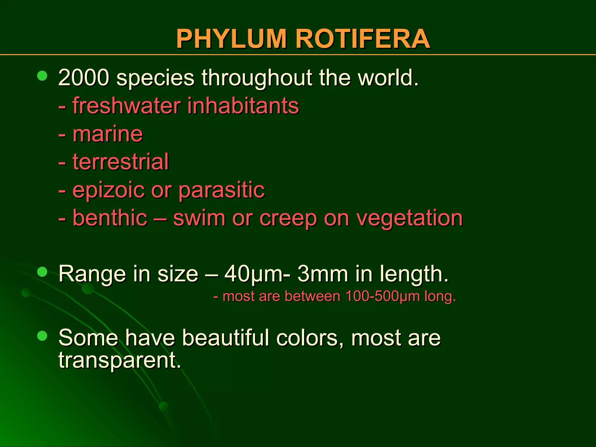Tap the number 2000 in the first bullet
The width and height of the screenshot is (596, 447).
coord(84,78)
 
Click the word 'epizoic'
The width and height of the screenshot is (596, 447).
coord(108,190)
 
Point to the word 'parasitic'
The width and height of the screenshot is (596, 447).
coord(221,190)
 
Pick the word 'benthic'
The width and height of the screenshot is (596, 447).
coord(110,218)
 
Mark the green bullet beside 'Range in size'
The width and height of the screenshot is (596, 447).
coord(42,272)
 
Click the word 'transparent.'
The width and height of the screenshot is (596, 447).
coord(120,360)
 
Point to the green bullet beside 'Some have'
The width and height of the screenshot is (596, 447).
coord(42,336)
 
